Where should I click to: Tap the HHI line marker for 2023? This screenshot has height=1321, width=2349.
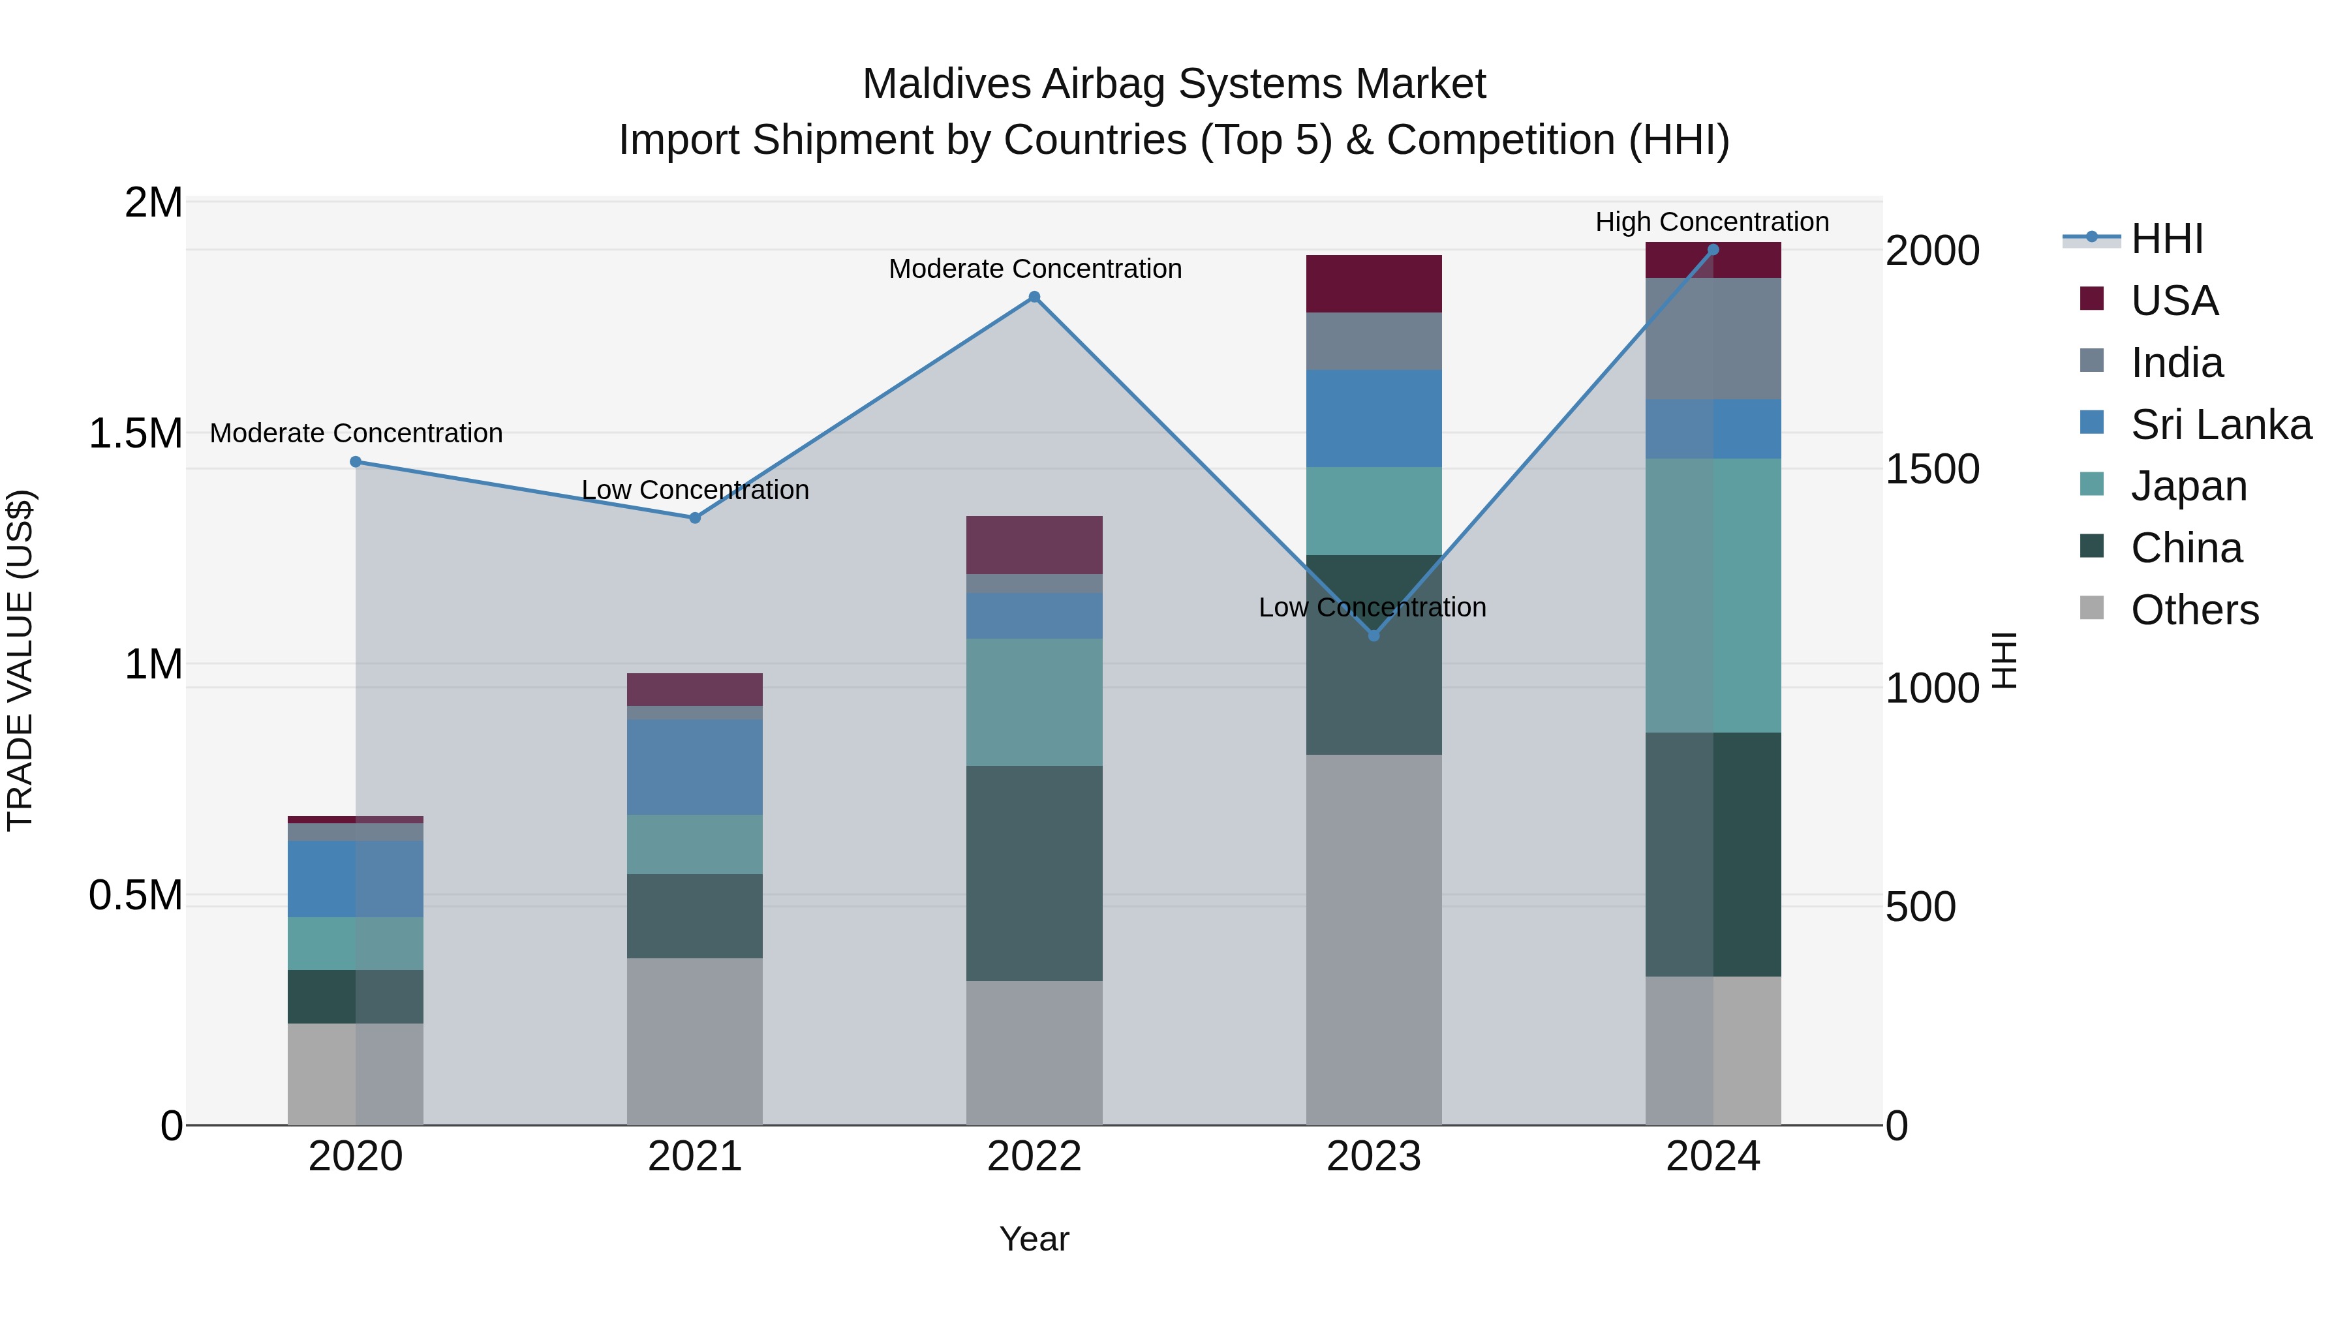[1374, 635]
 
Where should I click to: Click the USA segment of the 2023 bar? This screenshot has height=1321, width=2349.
[1374, 284]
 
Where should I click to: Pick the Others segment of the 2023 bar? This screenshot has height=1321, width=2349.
[1374, 939]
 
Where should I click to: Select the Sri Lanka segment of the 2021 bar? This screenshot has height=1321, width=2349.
[695, 767]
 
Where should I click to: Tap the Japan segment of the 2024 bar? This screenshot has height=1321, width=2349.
[1713, 596]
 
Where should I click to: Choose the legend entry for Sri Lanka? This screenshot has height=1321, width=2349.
[2220, 425]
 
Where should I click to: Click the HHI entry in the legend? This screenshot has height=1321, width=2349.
[2166, 239]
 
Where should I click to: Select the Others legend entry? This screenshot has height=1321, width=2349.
[2193, 610]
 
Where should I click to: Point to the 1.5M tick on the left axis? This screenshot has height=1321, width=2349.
[136, 434]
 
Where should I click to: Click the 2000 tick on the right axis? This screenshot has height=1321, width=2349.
[1932, 251]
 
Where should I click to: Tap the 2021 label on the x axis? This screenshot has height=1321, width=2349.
[695, 1157]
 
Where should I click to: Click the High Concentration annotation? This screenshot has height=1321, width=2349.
[1712, 222]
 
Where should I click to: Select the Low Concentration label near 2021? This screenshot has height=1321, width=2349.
[695, 489]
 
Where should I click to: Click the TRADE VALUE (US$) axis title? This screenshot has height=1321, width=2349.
[20, 660]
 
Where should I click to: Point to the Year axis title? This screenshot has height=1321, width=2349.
[1034, 1239]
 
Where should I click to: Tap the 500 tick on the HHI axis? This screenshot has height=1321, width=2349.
[1920, 907]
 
